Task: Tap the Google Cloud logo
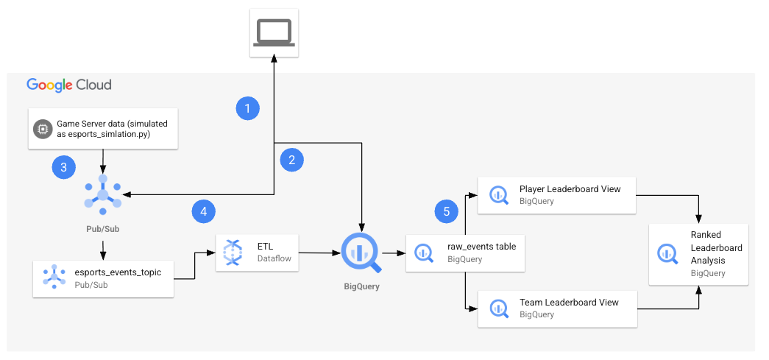click(69, 85)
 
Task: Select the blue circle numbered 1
click(248, 109)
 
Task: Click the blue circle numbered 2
click(292, 159)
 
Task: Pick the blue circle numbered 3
click(64, 167)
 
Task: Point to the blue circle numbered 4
click(204, 212)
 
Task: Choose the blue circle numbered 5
click(445, 212)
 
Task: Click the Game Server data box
click(102, 130)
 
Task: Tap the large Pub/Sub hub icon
click(102, 195)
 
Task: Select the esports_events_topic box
click(103, 278)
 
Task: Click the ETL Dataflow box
click(258, 252)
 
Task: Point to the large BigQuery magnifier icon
click(360, 252)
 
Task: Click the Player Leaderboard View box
click(557, 195)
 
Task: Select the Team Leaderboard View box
click(557, 308)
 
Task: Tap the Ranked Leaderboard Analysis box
click(698, 254)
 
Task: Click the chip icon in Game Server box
click(41, 130)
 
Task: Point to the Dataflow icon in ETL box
click(233, 252)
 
